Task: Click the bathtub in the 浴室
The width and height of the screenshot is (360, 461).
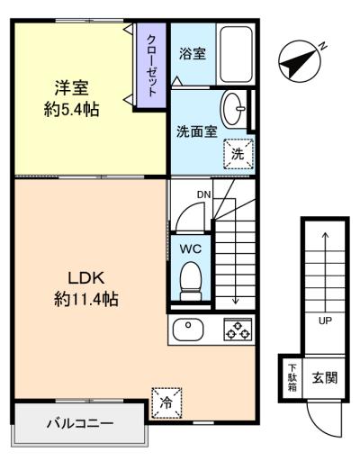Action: (x=236, y=54)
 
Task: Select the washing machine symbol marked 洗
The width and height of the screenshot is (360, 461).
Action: (x=238, y=154)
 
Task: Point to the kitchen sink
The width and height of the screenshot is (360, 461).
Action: (x=188, y=329)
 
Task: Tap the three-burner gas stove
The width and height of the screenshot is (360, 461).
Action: (x=238, y=329)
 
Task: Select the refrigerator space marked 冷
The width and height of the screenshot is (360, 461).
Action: (x=166, y=403)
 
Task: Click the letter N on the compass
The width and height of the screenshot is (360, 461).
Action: (x=322, y=46)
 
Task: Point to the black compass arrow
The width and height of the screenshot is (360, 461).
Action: (x=298, y=62)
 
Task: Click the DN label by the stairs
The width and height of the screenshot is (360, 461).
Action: (x=204, y=195)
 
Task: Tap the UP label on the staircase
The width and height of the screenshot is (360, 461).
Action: (x=325, y=321)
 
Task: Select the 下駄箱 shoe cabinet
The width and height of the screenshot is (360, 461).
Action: (x=292, y=377)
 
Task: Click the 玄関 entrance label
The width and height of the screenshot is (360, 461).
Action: (x=325, y=377)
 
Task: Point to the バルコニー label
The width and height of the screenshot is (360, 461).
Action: (x=80, y=424)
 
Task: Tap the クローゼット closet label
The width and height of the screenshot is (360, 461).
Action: (x=152, y=66)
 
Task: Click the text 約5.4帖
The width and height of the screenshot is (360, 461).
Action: (x=72, y=109)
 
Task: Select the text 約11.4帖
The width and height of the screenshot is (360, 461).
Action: (x=86, y=299)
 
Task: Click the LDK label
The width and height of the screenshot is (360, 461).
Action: (x=86, y=278)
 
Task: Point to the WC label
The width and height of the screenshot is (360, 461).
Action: (x=191, y=249)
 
